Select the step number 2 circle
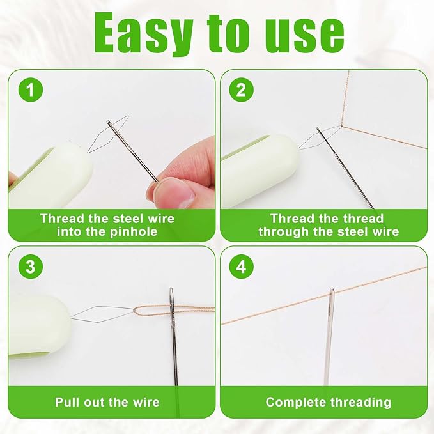240,89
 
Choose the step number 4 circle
240,266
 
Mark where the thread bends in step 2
341,125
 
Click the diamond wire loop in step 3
96,313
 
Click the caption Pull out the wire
107,402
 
